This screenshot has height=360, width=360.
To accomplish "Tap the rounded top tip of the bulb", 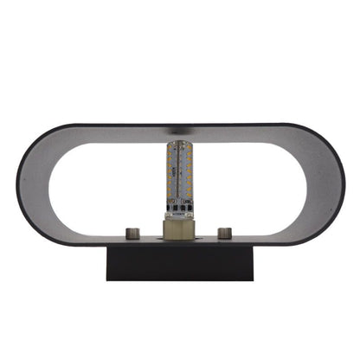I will click(179, 145).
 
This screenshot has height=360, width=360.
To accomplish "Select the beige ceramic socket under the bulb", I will click(178, 228).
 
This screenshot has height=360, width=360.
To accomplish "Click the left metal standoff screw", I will click(133, 232).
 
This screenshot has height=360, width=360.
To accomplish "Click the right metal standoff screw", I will click(225, 232).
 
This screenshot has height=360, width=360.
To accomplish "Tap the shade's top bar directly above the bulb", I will click(179, 132).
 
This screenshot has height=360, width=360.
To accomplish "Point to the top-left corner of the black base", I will click(106, 246).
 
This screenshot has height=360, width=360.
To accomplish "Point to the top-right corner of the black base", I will click(253, 246).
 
